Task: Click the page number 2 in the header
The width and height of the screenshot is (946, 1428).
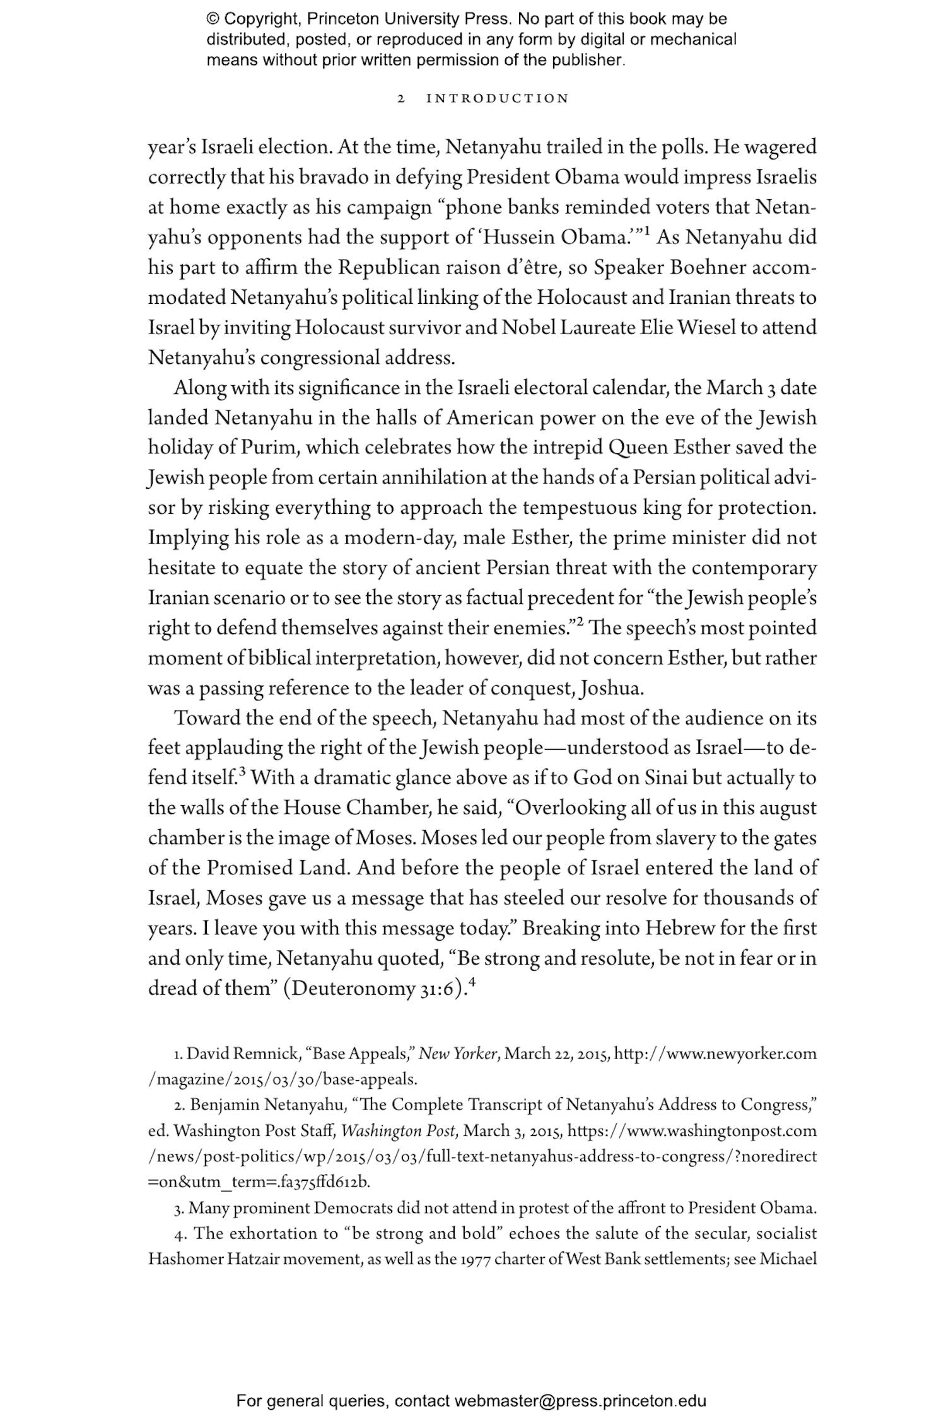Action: pos(400,99)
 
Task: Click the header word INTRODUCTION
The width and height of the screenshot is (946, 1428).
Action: pos(498,99)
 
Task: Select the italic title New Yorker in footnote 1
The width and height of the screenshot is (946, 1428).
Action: pos(458,1054)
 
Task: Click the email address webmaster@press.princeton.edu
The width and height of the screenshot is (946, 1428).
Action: pos(580,1402)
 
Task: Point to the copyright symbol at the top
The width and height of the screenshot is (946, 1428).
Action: pos(211,19)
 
